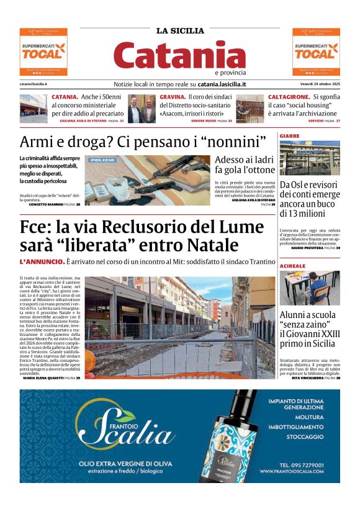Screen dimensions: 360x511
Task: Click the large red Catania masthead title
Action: [x=180, y=56]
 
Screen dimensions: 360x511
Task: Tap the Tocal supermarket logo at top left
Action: [x=43, y=52]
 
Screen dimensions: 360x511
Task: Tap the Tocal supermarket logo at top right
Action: [x=316, y=52]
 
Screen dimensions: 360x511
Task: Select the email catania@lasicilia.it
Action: [x=34, y=84]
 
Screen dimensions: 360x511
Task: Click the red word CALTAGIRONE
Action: [x=289, y=97]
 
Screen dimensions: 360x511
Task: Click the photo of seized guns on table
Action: [x=148, y=180]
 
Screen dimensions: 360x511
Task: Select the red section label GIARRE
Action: [x=289, y=135]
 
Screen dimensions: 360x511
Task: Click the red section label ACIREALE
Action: [x=292, y=265]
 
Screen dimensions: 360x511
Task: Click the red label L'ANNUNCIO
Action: [x=42, y=262]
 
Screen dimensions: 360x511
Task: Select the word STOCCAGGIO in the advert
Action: [x=305, y=436]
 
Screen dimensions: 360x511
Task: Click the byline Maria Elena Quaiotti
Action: [x=43, y=378]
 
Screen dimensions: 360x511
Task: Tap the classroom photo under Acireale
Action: [x=309, y=287]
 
